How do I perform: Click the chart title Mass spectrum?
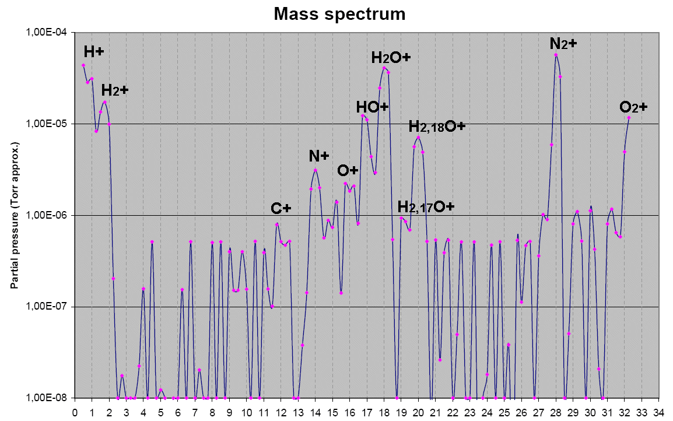(x=340, y=13)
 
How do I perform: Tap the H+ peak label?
(x=93, y=51)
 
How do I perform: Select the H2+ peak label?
(x=114, y=90)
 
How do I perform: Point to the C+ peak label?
(x=281, y=209)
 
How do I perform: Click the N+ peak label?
(x=319, y=156)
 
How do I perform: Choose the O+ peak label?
(x=348, y=170)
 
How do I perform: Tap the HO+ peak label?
(x=372, y=107)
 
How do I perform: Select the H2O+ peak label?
(x=391, y=57)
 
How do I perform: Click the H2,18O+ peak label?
(x=436, y=126)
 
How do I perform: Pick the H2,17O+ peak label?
(x=426, y=206)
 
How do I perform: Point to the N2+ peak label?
(x=563, y=43)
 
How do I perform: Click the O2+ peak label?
(x=633, y=107)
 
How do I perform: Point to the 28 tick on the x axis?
(x=556, y=411)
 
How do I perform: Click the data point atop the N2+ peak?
(x=556, y=55)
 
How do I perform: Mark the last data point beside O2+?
(x=629, y=117)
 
